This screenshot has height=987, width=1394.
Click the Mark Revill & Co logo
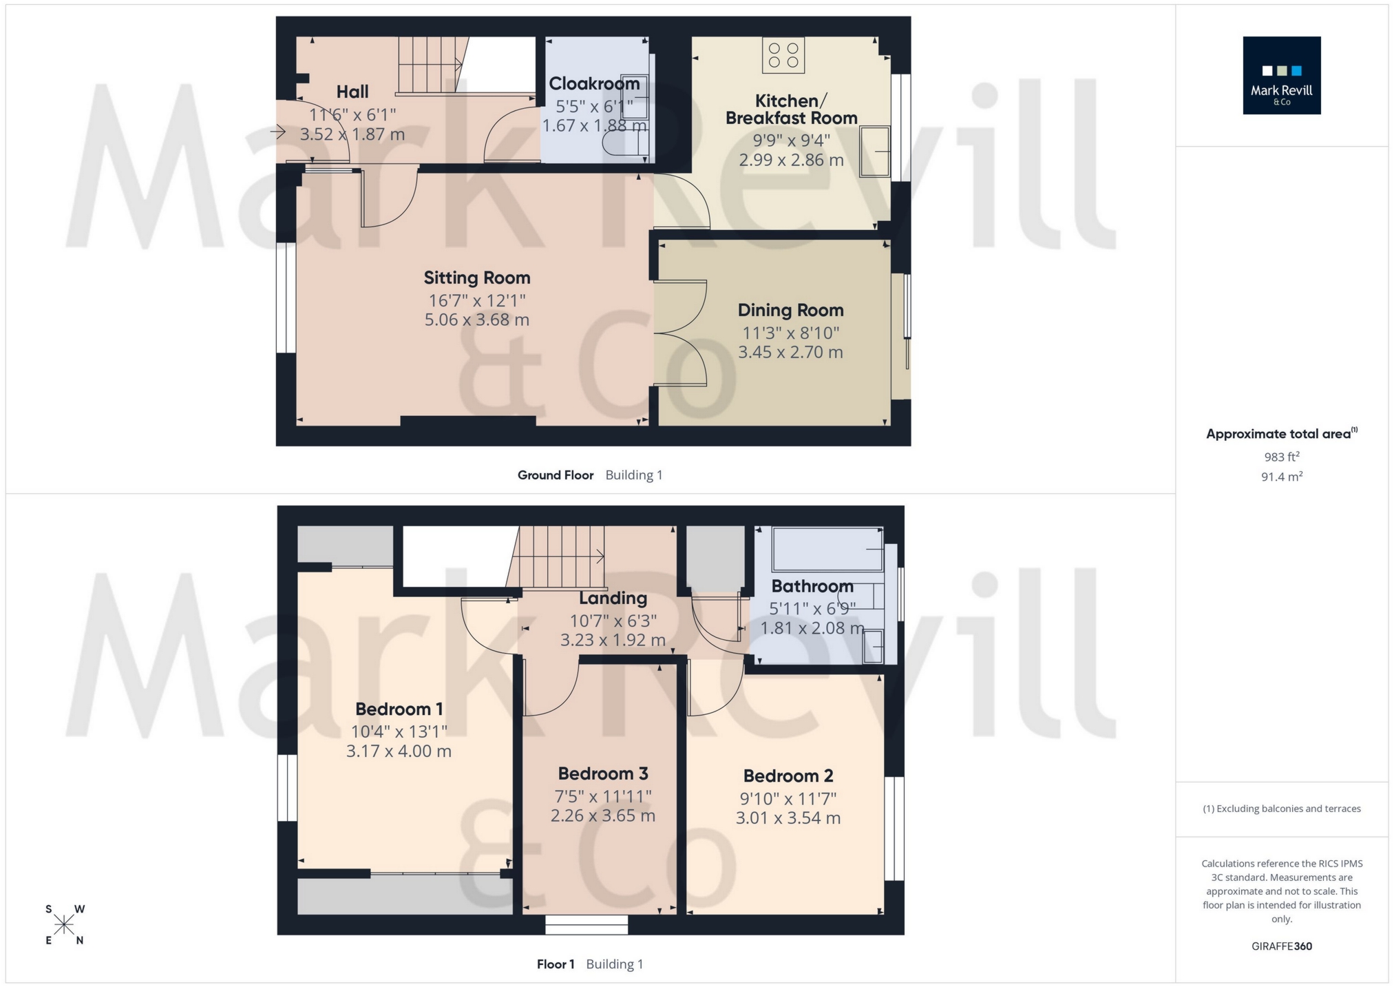pyautogui.click(x=1281, y=75)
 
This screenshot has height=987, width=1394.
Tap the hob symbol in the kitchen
pyautogui.click(x=783, y=55)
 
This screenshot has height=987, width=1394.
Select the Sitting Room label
pyautogui.click(x=476, y=278)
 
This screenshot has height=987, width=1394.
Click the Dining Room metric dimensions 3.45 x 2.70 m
pyautogui.click(x=790, y=353)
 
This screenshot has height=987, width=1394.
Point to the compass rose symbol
pyautogui.click(x=64, y=924)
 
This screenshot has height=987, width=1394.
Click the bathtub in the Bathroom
pyautogui.click(x=827, y=550)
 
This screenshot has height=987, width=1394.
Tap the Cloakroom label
pyautogui.click(x=594, y=84)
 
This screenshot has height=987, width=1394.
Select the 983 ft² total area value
pyautogui.click(x=1281, y=457)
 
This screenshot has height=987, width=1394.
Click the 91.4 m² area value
pyautogui.click(x=1281, y=477)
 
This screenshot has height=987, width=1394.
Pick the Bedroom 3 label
pyautogui.click(x=603, y=773)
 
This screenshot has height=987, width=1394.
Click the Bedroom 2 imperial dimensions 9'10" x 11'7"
pyautogui.click(x=788, y=799)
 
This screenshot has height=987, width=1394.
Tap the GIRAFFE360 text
pyautogui.click(x=1281, y=946)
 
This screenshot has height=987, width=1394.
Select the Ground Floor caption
pyautogui.click(x=555, y=475)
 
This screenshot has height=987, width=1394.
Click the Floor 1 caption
pyautogui.click(x=556, y=964)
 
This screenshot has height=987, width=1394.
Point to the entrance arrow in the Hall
pyautogui.click(x=278, y=132)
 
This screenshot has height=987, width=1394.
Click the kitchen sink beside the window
pyautogui.click(x=875, y=152)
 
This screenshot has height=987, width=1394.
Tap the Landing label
pyautogui.click(x=613, y=598)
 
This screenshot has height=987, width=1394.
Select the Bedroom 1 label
pyautogui.click(x=399, y=709)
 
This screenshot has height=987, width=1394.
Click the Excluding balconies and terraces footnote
pyautogui.click(x=1281, y=809)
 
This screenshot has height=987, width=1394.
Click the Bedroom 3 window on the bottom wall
pyautogui.click(x=587, y=924)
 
